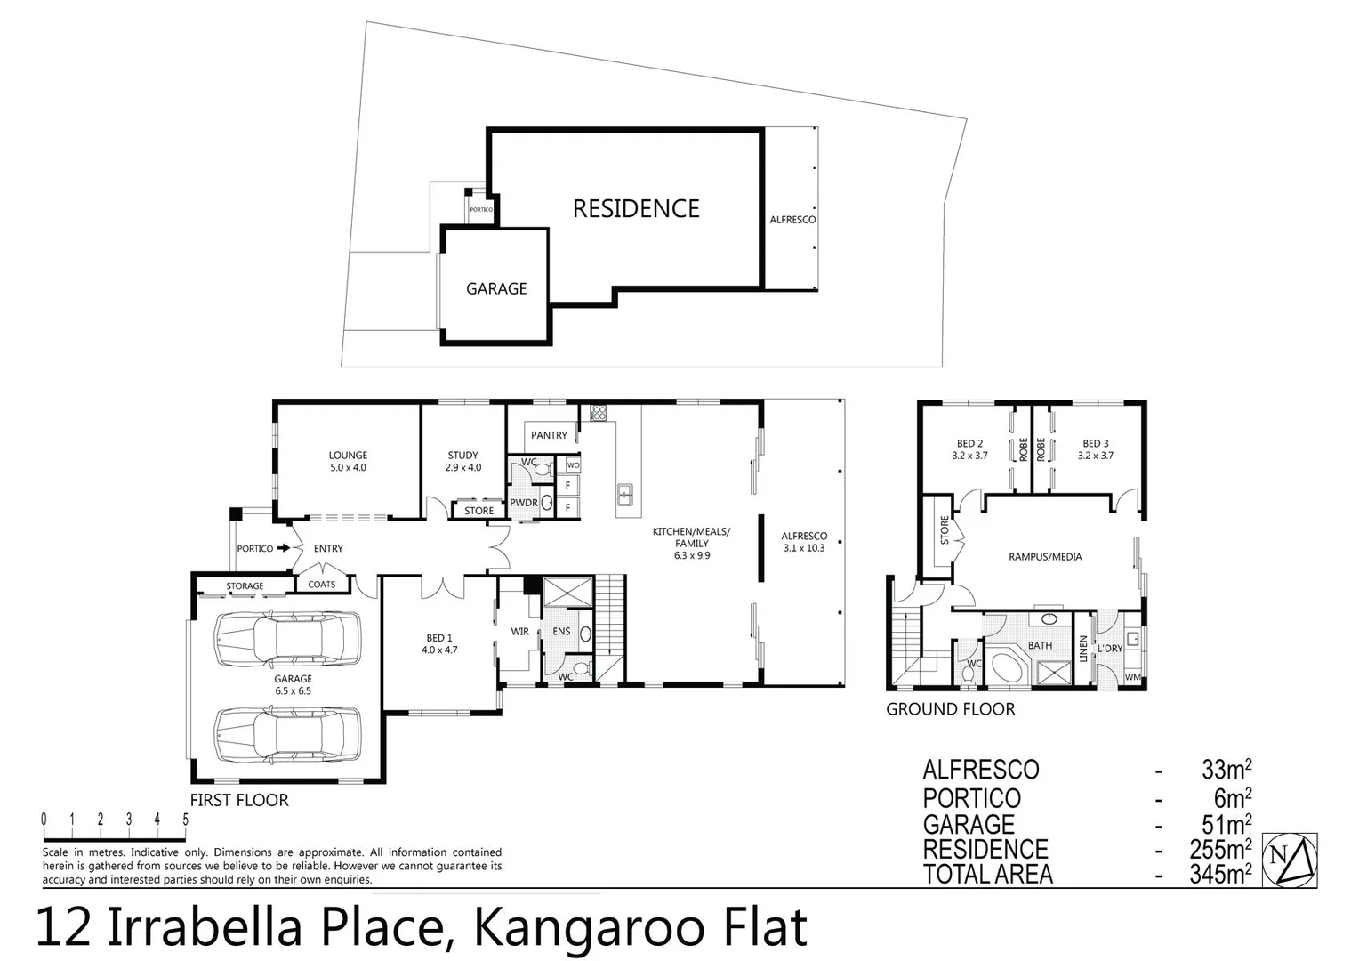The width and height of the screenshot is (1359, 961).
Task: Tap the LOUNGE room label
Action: pos(347,456)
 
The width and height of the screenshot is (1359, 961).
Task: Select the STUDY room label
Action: pos(462,456)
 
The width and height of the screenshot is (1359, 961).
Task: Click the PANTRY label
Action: pos(549,435)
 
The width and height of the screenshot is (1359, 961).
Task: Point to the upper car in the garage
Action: pos(287,638)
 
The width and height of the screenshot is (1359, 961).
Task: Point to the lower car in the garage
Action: pos(287,735)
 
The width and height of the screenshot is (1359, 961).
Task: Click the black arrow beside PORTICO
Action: pos(284,548)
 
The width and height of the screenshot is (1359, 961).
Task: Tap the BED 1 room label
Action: pos(439,638)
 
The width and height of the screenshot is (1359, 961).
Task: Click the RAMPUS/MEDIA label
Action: pos(1045,557)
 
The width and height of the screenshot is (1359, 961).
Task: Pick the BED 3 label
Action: pos(1095,444)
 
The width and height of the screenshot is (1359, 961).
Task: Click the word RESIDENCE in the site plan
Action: pos(636,209)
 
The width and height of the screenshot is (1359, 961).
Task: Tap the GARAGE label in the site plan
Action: pos(496,288)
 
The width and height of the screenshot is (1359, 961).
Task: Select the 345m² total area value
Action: pos(1220,874)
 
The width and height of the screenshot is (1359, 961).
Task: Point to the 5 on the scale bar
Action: pos(186,820)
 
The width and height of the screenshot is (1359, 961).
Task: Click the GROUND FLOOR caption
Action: pos(950,709)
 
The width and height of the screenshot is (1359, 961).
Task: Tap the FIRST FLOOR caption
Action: pos(239,800)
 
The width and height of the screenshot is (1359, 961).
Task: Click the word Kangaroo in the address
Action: pos(570,928)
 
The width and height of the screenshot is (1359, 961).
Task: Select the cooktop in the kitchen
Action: pos(599,413)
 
